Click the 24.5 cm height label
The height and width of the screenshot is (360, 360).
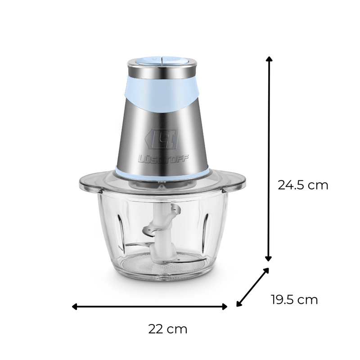coord(303,185)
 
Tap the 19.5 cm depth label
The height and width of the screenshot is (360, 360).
coord(295,300)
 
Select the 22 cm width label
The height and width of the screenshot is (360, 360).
coord(168,329)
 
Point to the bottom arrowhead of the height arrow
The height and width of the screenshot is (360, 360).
coord(269,259)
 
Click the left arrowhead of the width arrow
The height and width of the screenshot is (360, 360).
coord(74,306)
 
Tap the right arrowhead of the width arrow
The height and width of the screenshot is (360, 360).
coord(225,306)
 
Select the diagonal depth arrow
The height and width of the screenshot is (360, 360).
coord(252,287)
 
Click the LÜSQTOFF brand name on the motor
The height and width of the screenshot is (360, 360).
coord(163,159)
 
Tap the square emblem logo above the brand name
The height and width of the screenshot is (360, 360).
coord(162,139)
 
